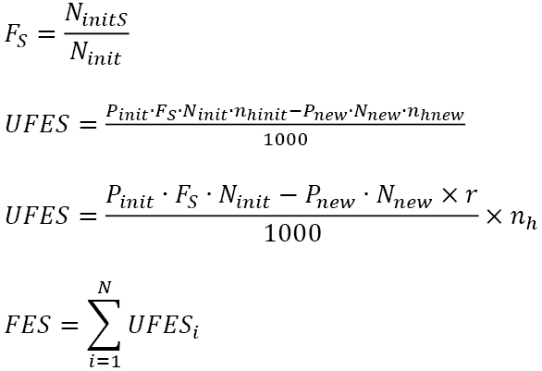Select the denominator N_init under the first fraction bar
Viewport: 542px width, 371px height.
coord(95,53)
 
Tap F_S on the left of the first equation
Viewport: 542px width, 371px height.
coord(16,35)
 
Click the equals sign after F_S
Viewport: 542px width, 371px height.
coord(46,34)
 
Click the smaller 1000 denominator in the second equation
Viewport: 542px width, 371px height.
coord(286,140)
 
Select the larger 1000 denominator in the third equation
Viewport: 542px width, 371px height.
coord(292,233)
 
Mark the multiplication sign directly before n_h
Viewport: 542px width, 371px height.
coord(494,216)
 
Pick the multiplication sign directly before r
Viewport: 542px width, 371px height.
coord(450,195)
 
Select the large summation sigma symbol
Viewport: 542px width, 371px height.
coord(104,325)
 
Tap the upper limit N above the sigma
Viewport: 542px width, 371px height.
coord(105,288)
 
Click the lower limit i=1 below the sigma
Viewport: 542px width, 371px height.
coord(105,361)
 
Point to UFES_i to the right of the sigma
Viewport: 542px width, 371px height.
coord(163,326)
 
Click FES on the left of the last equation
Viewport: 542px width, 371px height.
coord(28,324)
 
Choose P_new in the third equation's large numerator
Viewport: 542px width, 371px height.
coord(330,197)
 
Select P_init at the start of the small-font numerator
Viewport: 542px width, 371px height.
coord(127,112)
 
